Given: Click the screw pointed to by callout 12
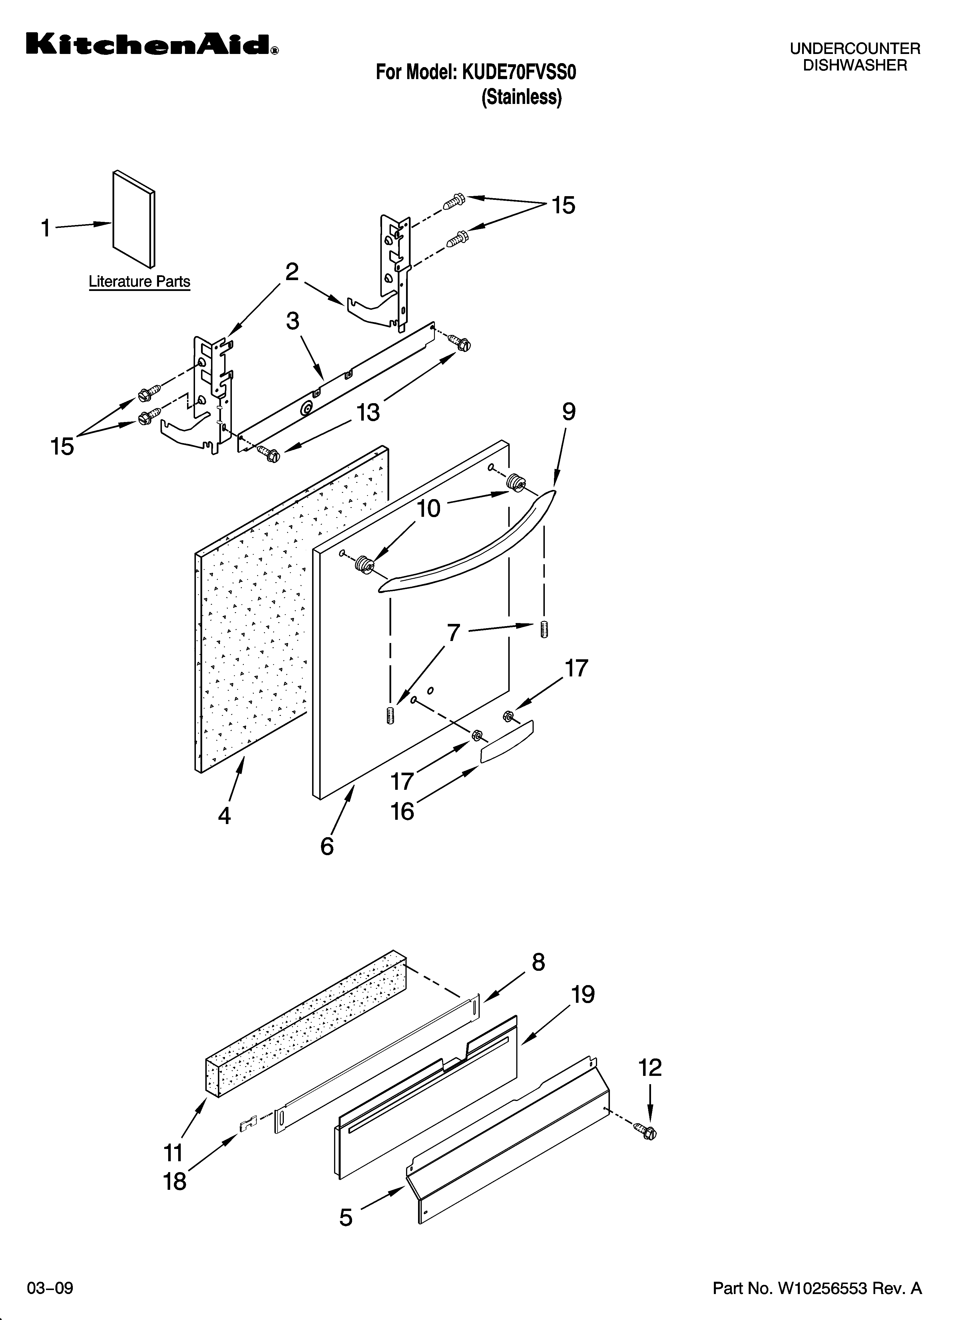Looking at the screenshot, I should coord(648,1132).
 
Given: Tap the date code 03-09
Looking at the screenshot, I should coord(50,1283).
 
